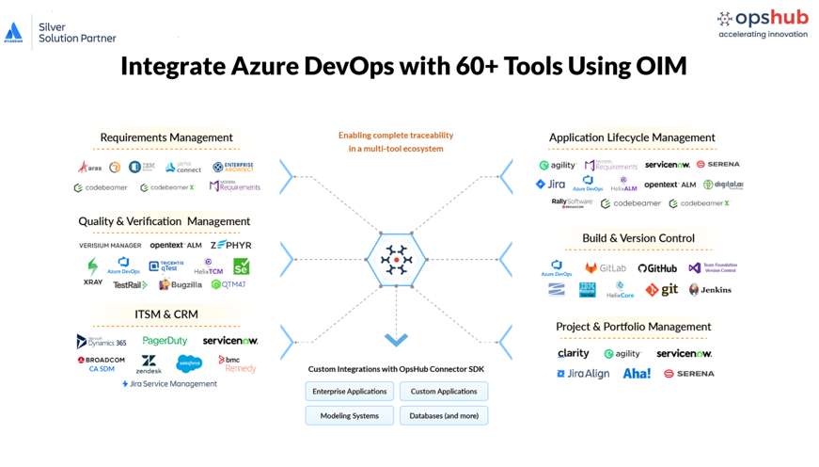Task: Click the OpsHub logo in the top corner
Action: click(762, 24)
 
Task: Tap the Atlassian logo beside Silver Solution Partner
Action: click(14, 33)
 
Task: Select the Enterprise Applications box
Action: click(349, 391)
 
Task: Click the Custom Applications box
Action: click(443, 391)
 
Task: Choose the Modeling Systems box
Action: click(349, 415)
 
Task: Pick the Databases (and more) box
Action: click(443, 415)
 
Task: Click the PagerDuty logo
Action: click(165, 341)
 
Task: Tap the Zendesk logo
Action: click(149, 364)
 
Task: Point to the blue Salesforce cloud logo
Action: click(189, 363)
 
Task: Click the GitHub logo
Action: click(657, 268)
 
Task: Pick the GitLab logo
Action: click(605, 268)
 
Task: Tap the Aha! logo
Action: click(637, 374)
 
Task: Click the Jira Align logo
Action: click(583, 374)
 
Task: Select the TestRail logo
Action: click(130, 284)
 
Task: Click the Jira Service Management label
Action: click(169, 384)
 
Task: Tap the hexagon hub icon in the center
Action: click(396, 259)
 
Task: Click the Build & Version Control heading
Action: click(638, 238)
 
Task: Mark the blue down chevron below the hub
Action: click(396, 339)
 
